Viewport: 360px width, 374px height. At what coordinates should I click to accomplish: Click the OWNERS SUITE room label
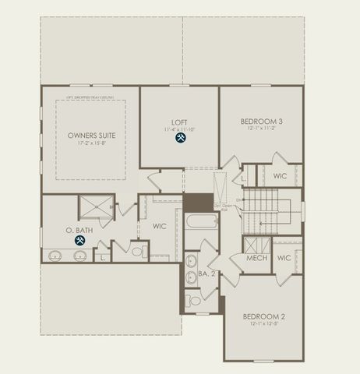tap(90, 135)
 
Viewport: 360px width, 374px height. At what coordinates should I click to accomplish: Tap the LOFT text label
tap(180, 122)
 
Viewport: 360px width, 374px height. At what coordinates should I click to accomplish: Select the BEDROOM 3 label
tap(260, 122)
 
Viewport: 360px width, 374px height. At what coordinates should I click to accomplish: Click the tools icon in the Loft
tap(181, 138)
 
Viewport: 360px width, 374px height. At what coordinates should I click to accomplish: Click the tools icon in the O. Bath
tap(80, 241)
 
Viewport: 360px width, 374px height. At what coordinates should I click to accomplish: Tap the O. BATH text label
tap(80, 229)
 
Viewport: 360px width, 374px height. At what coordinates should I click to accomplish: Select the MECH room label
tap(257, 258)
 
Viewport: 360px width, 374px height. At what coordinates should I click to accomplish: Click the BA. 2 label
tap(206, 273)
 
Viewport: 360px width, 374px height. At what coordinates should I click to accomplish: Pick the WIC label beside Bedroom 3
tap(280, 176)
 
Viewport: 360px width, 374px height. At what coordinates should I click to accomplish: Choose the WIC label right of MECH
tap(284, 258)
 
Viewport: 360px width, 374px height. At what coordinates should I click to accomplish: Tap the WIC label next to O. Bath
tap(160, 227)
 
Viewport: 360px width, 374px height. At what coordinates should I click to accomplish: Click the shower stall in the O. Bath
tap(96, 207)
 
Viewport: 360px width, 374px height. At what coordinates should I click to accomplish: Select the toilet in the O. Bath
tap(137, 252)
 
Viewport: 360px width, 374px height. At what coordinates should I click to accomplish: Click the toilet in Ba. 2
tap(194, 300)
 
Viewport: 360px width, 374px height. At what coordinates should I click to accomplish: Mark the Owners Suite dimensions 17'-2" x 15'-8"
tap(90, 143)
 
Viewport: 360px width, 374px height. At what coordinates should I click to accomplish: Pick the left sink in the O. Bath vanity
tap(55, 255)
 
